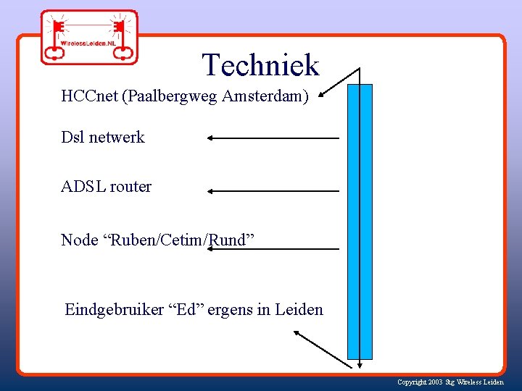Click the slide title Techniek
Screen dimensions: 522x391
pos(260,65)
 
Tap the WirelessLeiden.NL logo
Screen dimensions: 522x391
pos(88,36)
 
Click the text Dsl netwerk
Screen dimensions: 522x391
pos(103,137)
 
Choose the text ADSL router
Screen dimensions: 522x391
pos(107,186)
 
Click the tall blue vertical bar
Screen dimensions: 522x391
pos(360,221)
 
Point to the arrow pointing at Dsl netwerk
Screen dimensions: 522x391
pos(273,138)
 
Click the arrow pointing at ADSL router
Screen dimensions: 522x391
pos(273,191)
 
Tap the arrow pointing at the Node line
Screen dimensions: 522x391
pos(273,249)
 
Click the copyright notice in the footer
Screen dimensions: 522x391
pos(450,382)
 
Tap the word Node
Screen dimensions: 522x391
pos(80,240)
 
